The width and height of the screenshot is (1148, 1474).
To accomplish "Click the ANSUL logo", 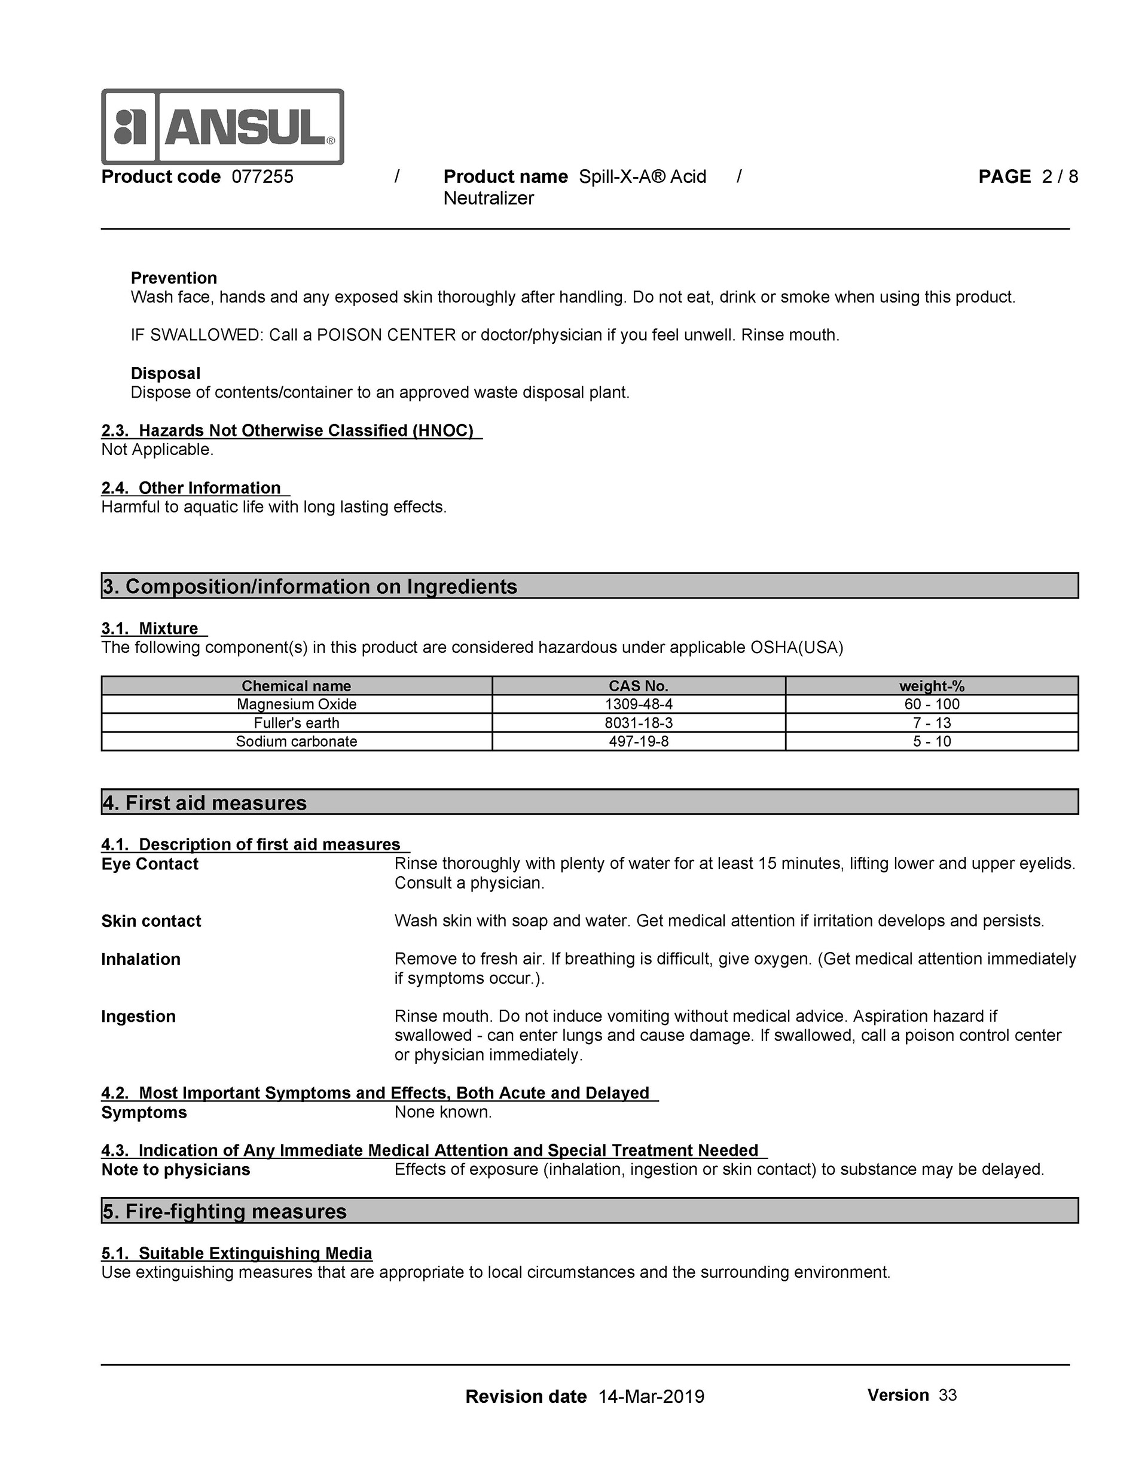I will pyautogui.click(x=222, y=127).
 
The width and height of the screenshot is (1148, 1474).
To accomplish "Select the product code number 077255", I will pyautogui.click(x=262, y=177).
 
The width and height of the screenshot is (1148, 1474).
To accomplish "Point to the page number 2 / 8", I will pyautogui.click(x=1060, y=177).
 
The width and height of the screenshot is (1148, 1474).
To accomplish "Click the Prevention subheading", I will pyautogui.click(x=173, y=278).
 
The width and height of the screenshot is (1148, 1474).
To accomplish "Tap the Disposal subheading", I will pyautogui.click(x=166, y=373).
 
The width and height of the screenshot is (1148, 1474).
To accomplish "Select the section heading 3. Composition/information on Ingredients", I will pyautogui.click(x=310, y=587).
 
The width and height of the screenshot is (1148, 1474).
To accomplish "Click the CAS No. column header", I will pyautogui.click(x=639, y=686).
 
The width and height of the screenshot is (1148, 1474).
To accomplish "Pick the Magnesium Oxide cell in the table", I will pyautogui.click(x=297, y=704).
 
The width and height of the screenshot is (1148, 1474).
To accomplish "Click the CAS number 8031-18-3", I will pyautogui.click(x=639, y=723).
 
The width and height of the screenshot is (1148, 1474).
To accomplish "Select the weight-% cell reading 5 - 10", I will pyautogui.click(x=932, y=741).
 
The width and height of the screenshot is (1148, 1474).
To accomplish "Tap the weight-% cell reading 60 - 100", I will pyautogui.click(x=932, y=704).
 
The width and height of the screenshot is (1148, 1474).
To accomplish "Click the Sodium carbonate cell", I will pyautogui.click(x=297, y=741).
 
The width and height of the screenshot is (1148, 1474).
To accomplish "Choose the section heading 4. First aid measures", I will pyautogui.click(x=204, y=803).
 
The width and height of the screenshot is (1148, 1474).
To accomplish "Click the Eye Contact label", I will pyautogui.click(x=150, y=865).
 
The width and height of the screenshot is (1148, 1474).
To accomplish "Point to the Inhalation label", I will pyautogui.click(x=141, y=960).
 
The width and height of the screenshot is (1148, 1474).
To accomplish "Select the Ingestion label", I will pyautogui.click(x=138, y=1017).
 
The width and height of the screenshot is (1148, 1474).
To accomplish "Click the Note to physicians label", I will pyautogui.click(x=175, y=1170).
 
